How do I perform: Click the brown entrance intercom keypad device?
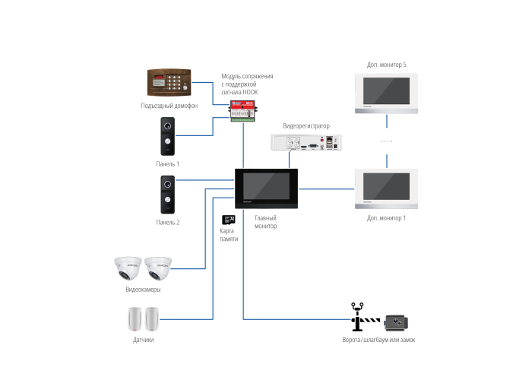(169, 82)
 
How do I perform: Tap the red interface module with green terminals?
(242, 111)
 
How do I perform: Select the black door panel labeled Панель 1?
(168, 136)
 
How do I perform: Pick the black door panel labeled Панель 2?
(168, 195)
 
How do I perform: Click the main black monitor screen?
(266, 188)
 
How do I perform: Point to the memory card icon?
(228, 220)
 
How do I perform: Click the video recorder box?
(306, 142)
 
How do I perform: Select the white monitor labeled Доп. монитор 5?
(386, 93)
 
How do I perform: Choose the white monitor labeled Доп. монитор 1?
(386, 188)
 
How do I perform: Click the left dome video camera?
(128, 268)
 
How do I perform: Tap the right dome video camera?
(158, 269)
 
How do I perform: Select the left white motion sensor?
(135, 319)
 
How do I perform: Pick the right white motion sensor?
(152, 319)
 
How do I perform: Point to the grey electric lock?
(396, 322)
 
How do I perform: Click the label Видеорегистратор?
(306, 126)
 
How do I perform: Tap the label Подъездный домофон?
(169, 106)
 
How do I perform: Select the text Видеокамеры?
(143, 290)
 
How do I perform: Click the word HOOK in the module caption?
(250, 92)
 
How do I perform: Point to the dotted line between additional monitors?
(387, 141)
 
